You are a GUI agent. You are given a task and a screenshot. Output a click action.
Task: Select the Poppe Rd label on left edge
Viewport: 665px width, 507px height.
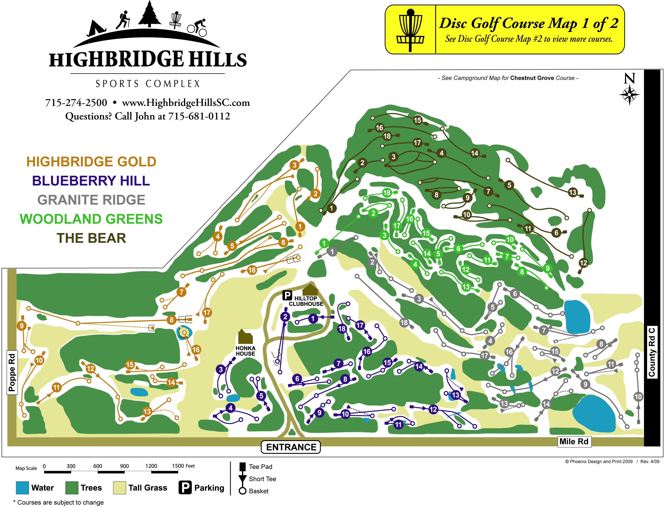(12, 372)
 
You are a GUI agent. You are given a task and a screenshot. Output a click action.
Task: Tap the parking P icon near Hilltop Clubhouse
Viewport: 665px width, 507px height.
(287, 295)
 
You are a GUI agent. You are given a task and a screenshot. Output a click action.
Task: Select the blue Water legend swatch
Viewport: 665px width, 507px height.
(22, 488)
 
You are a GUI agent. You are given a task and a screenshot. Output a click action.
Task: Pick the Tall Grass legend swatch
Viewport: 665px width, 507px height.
(119, 488)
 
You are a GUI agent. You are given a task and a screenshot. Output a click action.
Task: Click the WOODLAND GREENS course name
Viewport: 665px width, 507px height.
(91, 219)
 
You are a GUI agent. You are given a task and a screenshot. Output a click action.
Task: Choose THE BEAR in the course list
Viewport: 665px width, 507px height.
(91, 238)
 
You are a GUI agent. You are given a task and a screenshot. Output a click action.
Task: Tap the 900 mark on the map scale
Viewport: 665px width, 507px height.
(124, 466)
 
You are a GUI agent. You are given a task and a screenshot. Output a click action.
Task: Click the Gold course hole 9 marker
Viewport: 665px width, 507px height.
(21, 326)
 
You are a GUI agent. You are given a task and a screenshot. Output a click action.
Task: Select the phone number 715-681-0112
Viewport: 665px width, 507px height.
(199, 116)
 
